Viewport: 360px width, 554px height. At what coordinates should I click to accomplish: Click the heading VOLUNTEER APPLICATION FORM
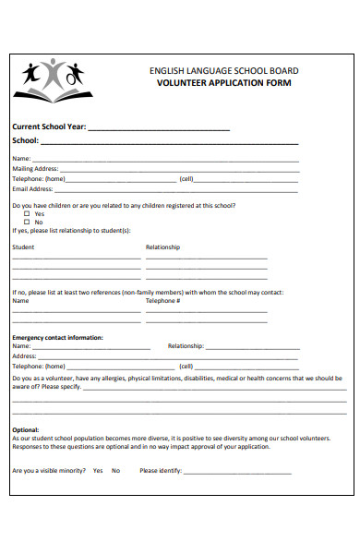[x=223, y=82]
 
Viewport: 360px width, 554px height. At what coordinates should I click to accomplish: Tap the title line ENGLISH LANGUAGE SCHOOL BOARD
[x=223, y=70]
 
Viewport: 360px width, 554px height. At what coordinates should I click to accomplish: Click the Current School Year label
[x=48, y=127]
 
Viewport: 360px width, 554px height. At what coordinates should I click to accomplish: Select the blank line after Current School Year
[x=158, y=130]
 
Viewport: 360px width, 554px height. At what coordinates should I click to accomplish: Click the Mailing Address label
[x=35, y=169]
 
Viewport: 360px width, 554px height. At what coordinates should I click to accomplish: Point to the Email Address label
[x=31, y=187]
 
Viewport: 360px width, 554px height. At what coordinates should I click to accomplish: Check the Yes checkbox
[x=27, y=213]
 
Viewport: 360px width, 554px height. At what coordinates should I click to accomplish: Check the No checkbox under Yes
[x=27, y=223]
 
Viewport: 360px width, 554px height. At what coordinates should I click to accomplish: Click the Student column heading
[x=23, y=247]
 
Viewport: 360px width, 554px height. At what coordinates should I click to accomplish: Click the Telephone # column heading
[x=162, y=300]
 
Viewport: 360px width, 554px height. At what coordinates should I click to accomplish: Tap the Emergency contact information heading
[x=57, y=337]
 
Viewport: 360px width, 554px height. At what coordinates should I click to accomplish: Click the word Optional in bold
[x=25, y=429]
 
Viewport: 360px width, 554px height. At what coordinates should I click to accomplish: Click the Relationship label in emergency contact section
[x=186, y=346]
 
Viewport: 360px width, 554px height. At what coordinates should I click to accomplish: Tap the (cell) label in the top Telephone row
[x=186, y=178]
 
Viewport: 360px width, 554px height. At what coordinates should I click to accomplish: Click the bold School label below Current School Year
[x=25, y=141]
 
